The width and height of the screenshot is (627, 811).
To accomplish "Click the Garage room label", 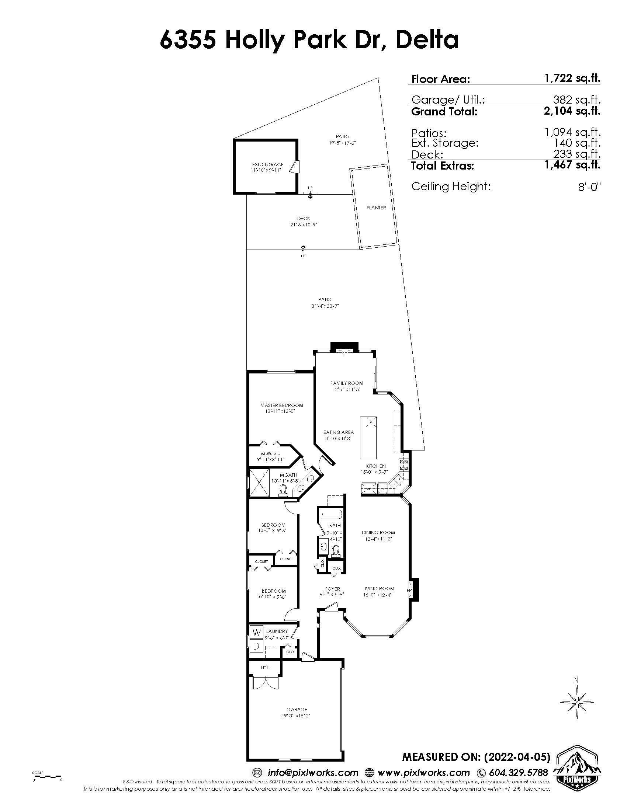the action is point(297,709).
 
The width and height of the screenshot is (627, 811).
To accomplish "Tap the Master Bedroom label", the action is point(281,405).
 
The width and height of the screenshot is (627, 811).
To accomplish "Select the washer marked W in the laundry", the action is point(257,631).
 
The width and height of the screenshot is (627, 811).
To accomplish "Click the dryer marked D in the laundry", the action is point(257,646).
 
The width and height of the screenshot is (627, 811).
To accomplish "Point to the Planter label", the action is point(376,208).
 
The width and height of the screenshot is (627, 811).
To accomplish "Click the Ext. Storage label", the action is point(268,164).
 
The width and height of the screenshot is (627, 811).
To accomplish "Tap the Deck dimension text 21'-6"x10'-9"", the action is point(304,224).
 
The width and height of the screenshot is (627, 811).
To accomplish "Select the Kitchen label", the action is point(376,466).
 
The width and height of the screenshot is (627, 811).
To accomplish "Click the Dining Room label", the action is point(378,533).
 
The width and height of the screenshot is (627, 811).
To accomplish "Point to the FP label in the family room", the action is point(344,352).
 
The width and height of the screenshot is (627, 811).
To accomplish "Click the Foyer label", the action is point(332,589).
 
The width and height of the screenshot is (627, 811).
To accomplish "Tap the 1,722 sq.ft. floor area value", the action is point(572,79).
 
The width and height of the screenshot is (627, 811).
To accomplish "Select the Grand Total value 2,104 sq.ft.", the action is point(572,111).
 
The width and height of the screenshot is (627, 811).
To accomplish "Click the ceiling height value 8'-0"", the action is point(589,187).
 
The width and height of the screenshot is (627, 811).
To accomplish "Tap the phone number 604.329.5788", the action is point(518,773).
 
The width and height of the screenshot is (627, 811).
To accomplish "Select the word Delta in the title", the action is point(427,40).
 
